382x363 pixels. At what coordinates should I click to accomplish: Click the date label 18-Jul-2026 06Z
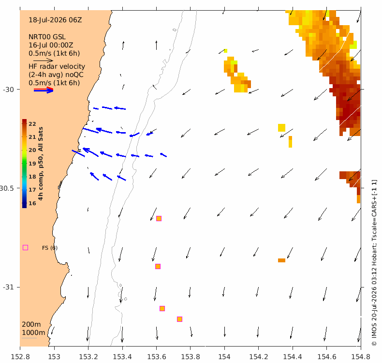point(55,20)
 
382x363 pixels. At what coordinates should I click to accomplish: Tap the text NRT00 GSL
point(47,37)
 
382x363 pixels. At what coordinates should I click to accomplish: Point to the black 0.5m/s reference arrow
point(43,60)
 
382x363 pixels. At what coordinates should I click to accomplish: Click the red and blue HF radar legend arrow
point(44,90)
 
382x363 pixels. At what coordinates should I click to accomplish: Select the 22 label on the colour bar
point(32,124)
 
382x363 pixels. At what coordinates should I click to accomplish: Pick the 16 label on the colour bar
point(32,203)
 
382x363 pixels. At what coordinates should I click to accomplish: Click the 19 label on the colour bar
point(32,164)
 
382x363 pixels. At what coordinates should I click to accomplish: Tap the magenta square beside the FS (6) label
point(25,248)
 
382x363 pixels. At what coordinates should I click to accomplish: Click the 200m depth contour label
point(31,324)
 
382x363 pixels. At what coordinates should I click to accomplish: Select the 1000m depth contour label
point(33,333)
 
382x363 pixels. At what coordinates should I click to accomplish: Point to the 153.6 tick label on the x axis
point(156,357)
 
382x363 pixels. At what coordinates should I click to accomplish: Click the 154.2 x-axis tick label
point(258,357)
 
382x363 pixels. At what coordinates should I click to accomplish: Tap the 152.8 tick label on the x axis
point(20,357)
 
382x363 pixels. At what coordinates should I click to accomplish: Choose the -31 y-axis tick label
point(8,287)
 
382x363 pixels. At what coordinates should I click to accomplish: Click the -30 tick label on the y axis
point(8,90)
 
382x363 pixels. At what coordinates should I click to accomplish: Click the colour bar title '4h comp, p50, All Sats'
point(41,164)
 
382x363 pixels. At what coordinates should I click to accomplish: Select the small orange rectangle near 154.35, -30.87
point(281,260)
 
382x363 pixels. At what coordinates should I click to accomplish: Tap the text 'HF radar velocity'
point(57,67)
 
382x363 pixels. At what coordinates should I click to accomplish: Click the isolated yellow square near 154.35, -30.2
point(281,128)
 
